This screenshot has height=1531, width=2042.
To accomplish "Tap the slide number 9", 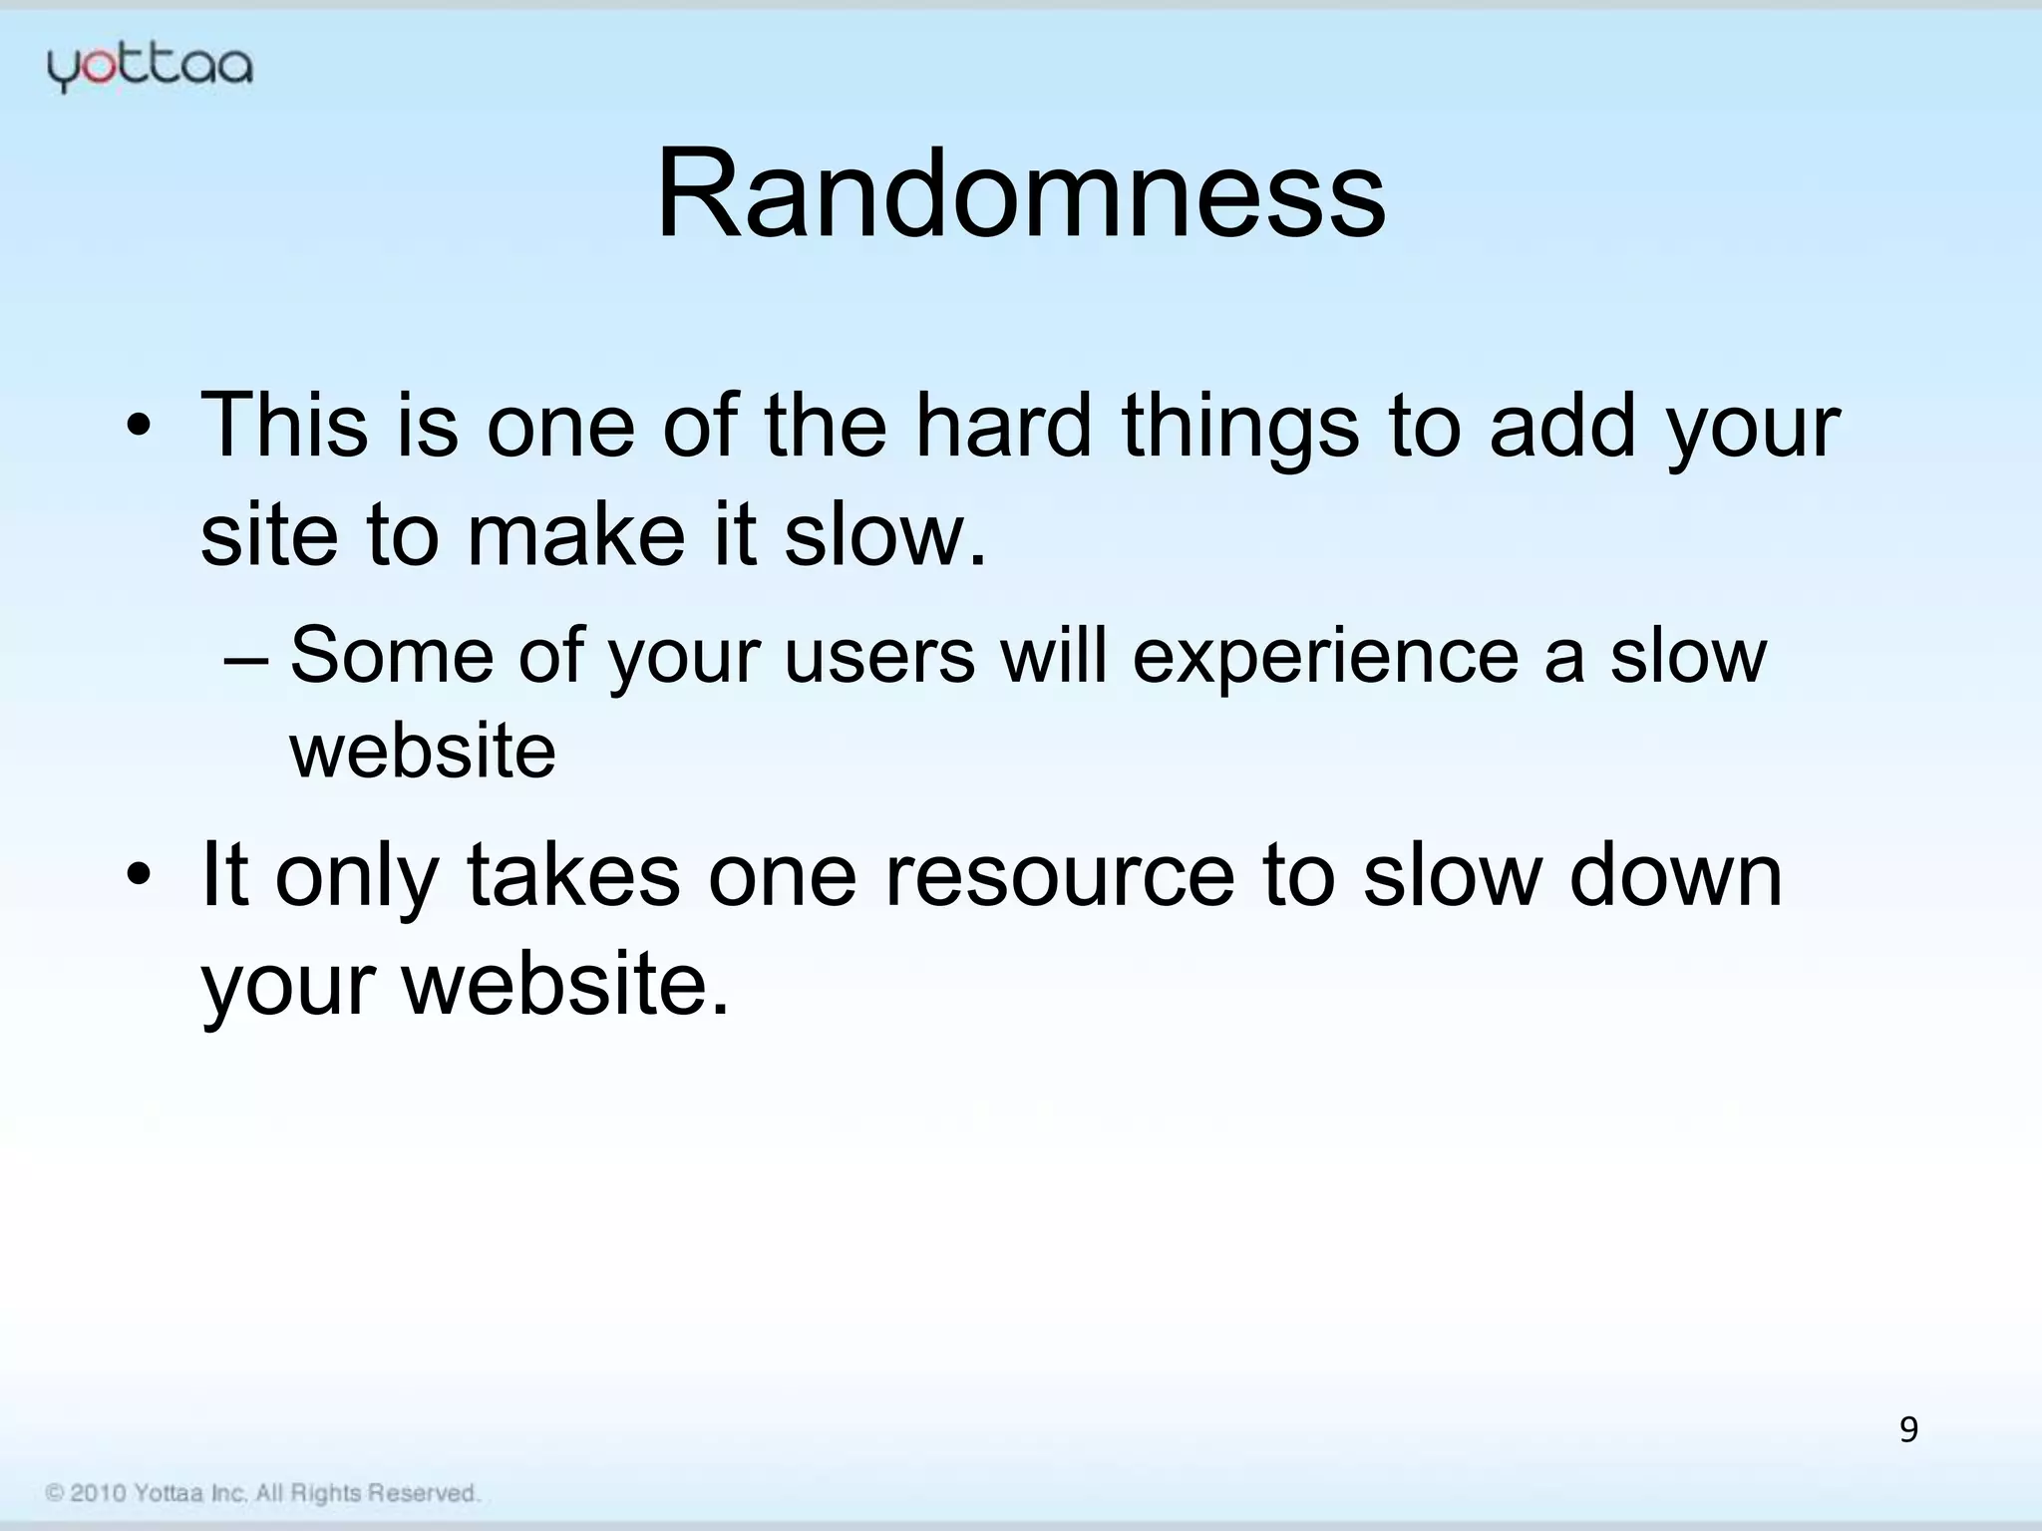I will [1907, 1429].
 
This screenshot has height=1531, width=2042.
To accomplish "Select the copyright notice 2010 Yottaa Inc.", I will [262, 1493].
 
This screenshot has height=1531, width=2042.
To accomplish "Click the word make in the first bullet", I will [576, 535].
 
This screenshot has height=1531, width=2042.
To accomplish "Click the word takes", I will [573, 875].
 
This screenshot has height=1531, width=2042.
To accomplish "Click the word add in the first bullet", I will [1562, 426].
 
